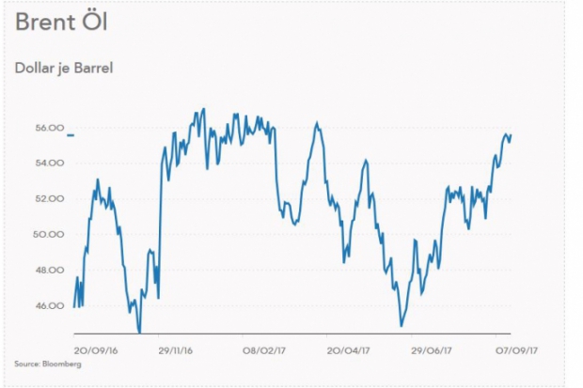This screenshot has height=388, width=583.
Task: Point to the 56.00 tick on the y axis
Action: [50, 128]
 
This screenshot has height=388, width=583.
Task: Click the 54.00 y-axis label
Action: [50, 163]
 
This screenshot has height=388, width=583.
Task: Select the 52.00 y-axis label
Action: [50, 199]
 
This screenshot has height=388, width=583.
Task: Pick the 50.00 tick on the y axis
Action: [50, 235]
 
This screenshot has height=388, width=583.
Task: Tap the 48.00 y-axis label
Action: [50, 271]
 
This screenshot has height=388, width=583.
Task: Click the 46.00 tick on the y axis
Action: [50, 306]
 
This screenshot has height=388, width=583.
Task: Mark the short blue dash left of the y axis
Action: [69, 137]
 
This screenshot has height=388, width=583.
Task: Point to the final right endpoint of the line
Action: [511, 135]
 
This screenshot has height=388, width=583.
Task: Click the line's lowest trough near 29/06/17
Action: [402, 326]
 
